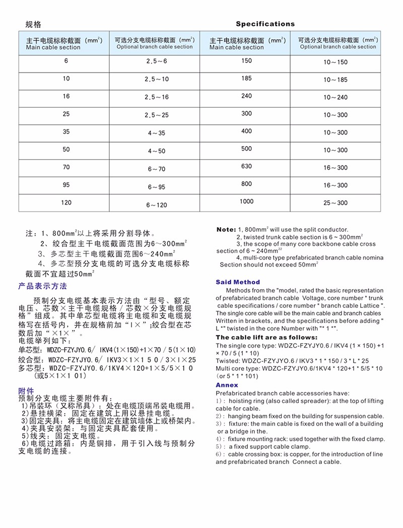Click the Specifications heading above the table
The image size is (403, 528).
point(265,24)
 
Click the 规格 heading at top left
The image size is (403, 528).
point(33,24)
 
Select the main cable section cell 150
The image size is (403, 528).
point(246,61)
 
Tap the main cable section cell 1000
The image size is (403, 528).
point(246,202)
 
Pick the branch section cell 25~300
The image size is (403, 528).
point(335,203)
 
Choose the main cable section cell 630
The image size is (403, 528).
point(246,166)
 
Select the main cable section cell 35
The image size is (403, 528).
point(66,132)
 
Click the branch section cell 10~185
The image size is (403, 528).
point(335,80)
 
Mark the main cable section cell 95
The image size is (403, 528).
point(66,184)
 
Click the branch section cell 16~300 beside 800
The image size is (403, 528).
point(335,185)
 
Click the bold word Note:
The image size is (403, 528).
point(226,230)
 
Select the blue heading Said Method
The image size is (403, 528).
point(238,282)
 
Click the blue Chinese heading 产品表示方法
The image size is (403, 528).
point(42,286)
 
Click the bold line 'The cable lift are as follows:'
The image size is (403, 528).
point(266,338)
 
